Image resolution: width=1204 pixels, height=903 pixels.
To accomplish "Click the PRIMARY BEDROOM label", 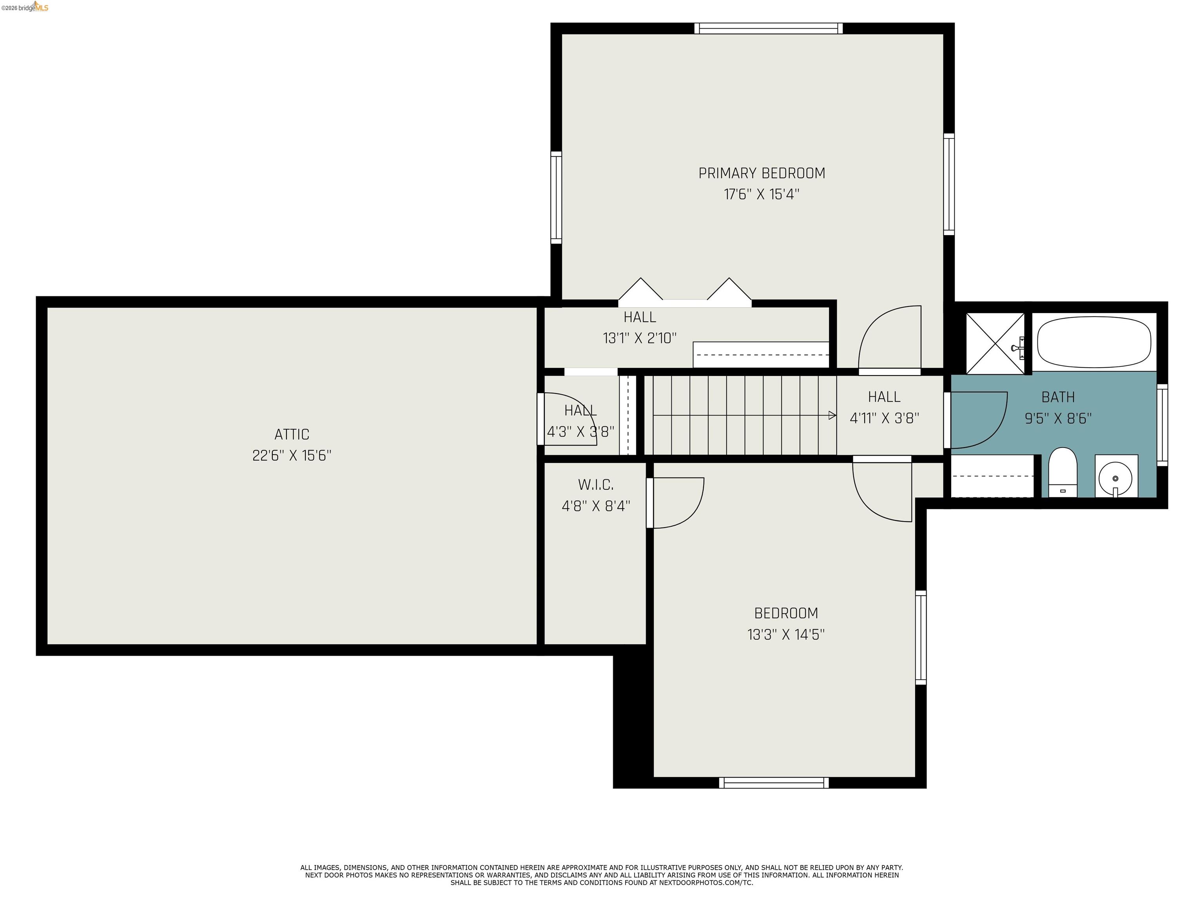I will [762, 173].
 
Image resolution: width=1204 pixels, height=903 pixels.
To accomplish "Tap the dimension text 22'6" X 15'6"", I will [292, 455].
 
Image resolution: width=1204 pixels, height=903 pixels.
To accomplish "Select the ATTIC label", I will [292, 434].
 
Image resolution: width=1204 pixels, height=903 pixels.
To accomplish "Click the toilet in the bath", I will [1063, 472].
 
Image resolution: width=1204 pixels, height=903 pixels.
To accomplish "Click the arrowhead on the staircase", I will [832, 415].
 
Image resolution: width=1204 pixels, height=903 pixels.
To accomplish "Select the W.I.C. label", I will [595, 484].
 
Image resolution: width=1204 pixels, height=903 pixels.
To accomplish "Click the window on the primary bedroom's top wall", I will [768, 28].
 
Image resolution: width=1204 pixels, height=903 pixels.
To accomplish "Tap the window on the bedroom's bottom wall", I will [773, 783].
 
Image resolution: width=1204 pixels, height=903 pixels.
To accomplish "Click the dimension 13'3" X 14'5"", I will [786, 635].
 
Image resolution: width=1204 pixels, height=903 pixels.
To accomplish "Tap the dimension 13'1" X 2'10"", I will [640, 338].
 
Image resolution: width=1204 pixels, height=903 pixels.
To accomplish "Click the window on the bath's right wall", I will [1162, 424].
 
